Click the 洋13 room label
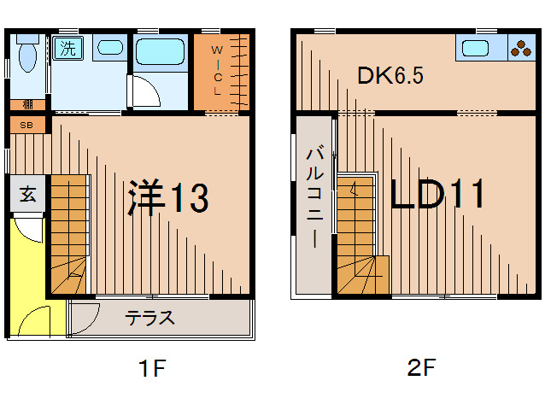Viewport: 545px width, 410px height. [x=168, y=198]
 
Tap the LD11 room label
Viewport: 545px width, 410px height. [x=438, y=195]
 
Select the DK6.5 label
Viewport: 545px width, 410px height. [x=390, y=74]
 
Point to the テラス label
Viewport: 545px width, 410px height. [x=150, y=319]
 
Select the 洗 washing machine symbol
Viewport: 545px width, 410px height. [x=65, y=48]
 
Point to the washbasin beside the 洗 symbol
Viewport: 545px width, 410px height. [x=109, y=48]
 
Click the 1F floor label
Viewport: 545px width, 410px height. [x=151, y=369]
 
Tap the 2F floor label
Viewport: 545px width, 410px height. [x=421, y=369]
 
